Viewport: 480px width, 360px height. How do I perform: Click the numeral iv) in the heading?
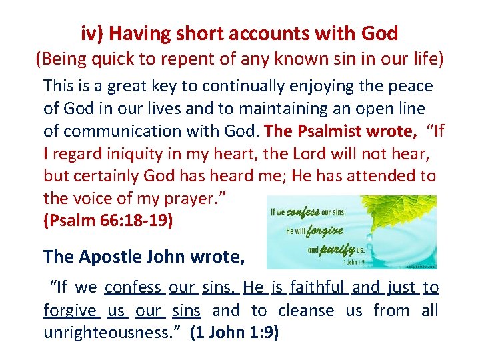95,33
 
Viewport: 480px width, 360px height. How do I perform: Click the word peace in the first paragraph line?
410,86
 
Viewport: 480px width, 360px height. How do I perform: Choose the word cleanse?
306,311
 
